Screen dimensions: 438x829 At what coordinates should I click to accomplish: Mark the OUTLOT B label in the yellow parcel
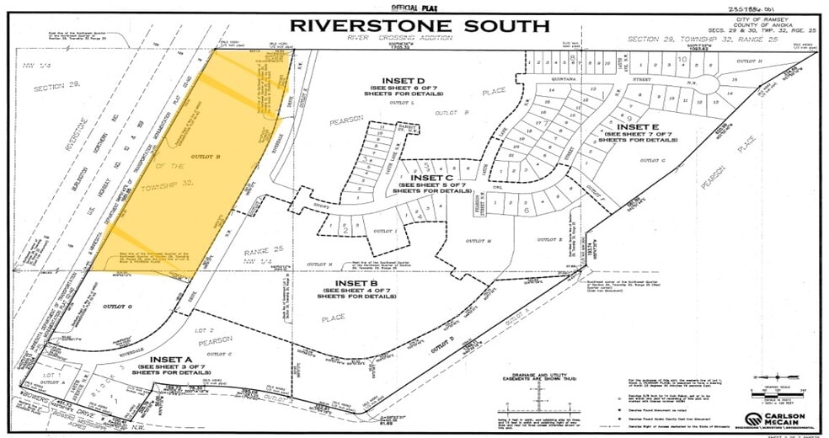tap(206, 158)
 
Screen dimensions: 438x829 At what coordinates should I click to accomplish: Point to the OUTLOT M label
tap(478, 241)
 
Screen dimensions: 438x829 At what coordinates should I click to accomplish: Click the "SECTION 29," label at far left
tap(56, 87)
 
